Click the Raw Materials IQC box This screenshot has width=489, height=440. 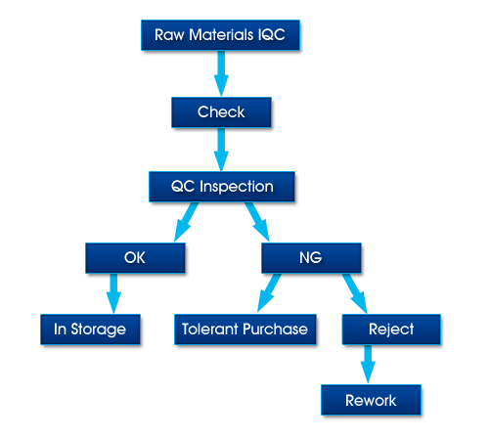click(x=220, y=35)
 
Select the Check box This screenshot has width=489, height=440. click(x=221, y=112)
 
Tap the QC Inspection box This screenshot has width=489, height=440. click(x=222, y=187)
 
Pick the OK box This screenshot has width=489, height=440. click(x=135, y=258)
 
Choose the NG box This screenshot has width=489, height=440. click(x=311, y=258)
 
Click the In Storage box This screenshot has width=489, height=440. click(x=90, y=330)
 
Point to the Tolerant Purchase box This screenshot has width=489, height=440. click(x=245, y=330)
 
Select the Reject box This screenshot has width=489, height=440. click(x=391, y=330)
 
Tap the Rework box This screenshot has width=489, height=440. click(x=371, y=400)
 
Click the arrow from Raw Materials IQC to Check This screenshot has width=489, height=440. click(x=221, y=73)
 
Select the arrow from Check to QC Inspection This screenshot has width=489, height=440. click(x=221, y=150)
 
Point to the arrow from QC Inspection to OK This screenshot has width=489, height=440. click(x=186, y=222)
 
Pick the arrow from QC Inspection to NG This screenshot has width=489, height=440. click(x=257, y=222)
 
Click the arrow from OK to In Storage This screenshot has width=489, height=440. click(x=113, y=293)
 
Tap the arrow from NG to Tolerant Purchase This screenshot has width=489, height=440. click(x=269, y=293)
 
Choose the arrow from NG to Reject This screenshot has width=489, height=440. click(x=355, y=293)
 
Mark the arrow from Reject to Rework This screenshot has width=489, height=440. click(x=368, y=365)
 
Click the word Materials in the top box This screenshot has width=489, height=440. click(x=221, y=35)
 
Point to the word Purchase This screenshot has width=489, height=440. click(x=276, y=330)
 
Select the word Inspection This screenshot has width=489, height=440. click(x=237, y=187)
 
